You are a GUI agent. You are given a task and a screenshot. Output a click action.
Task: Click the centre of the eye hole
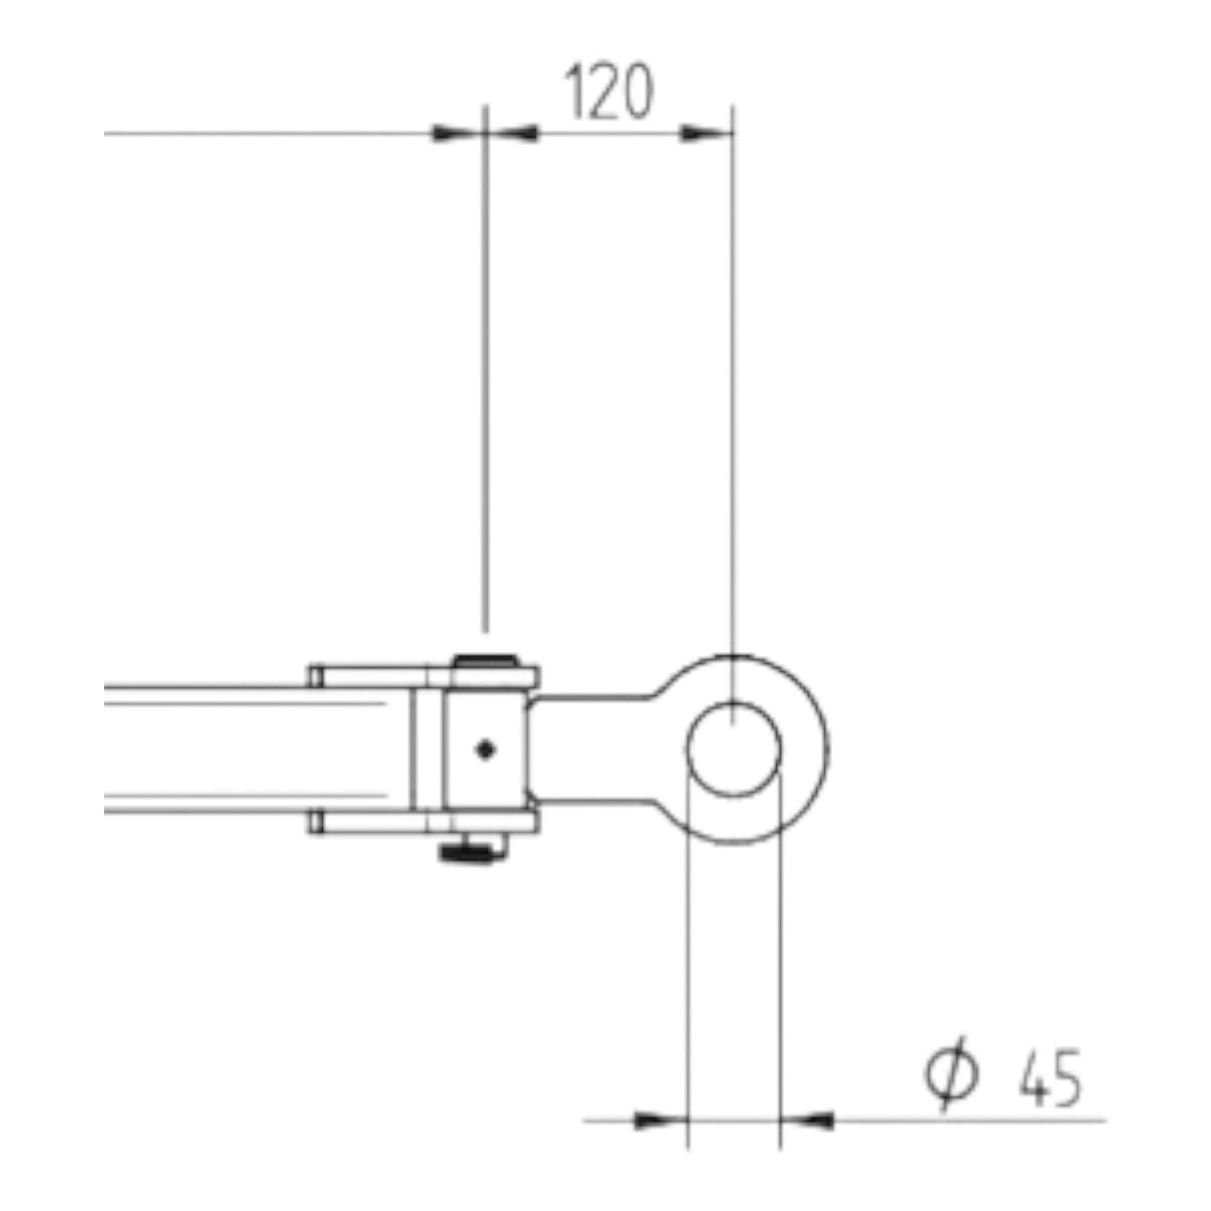[x=734, y=749]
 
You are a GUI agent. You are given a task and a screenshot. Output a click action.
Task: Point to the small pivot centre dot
[x=484, y=750]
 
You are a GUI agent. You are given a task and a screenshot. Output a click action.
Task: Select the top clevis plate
[x=422, y=677]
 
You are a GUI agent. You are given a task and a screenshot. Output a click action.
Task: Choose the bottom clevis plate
[x=422, y=823]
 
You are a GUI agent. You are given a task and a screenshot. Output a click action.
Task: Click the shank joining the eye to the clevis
[x=593, y=749]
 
